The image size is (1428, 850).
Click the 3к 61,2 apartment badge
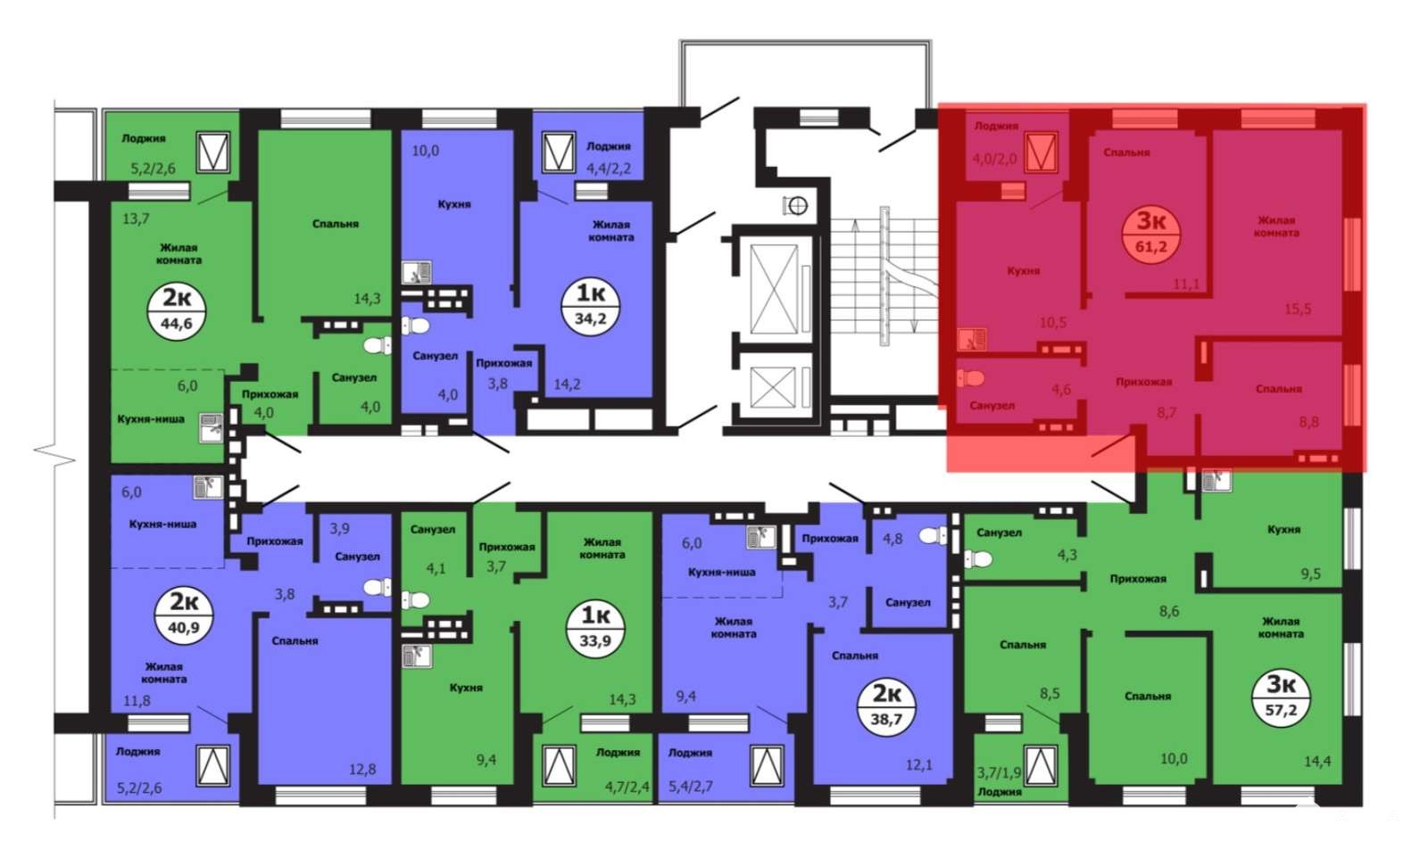click(1150, 233)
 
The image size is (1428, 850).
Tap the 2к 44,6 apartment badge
click(177, 311)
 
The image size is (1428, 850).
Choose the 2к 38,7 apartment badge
click(886, 706)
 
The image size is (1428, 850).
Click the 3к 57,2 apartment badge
click(1281, 697)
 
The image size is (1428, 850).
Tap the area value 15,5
click(1298, 309)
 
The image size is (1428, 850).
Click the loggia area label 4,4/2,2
click(608, 169)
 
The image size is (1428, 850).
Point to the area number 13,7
click(136, 219)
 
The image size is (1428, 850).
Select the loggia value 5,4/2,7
click(691, 787)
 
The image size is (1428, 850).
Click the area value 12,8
click(362, 769)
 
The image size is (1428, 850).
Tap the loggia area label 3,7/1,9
click(999, 773)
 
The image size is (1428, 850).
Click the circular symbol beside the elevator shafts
click(795, 205)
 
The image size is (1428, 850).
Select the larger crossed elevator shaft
click(774, 289)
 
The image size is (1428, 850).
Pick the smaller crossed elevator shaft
click(773, 387)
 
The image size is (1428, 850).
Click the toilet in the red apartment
click(971, 378)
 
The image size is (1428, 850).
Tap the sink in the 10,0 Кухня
click(416, 273)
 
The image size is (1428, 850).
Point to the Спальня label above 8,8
click(1279, 389)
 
